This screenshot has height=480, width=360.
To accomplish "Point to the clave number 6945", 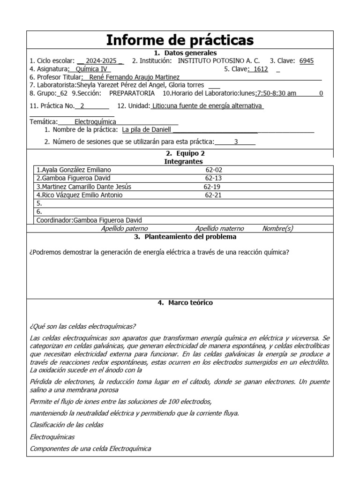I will coord(307,61).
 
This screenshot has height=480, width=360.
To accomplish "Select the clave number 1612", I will coord(258,69).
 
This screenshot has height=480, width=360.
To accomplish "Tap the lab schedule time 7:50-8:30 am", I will coord(276,93).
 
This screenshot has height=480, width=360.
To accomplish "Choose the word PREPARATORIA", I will coord(132,93).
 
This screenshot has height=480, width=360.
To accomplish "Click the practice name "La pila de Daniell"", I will coord(146,129).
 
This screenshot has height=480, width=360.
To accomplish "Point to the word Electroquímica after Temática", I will coord(95,121).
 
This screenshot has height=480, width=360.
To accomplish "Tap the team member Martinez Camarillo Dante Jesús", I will coord(84,187).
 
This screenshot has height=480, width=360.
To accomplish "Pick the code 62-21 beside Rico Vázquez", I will coord(213,195).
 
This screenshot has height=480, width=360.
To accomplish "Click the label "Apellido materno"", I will coord(219,229).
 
